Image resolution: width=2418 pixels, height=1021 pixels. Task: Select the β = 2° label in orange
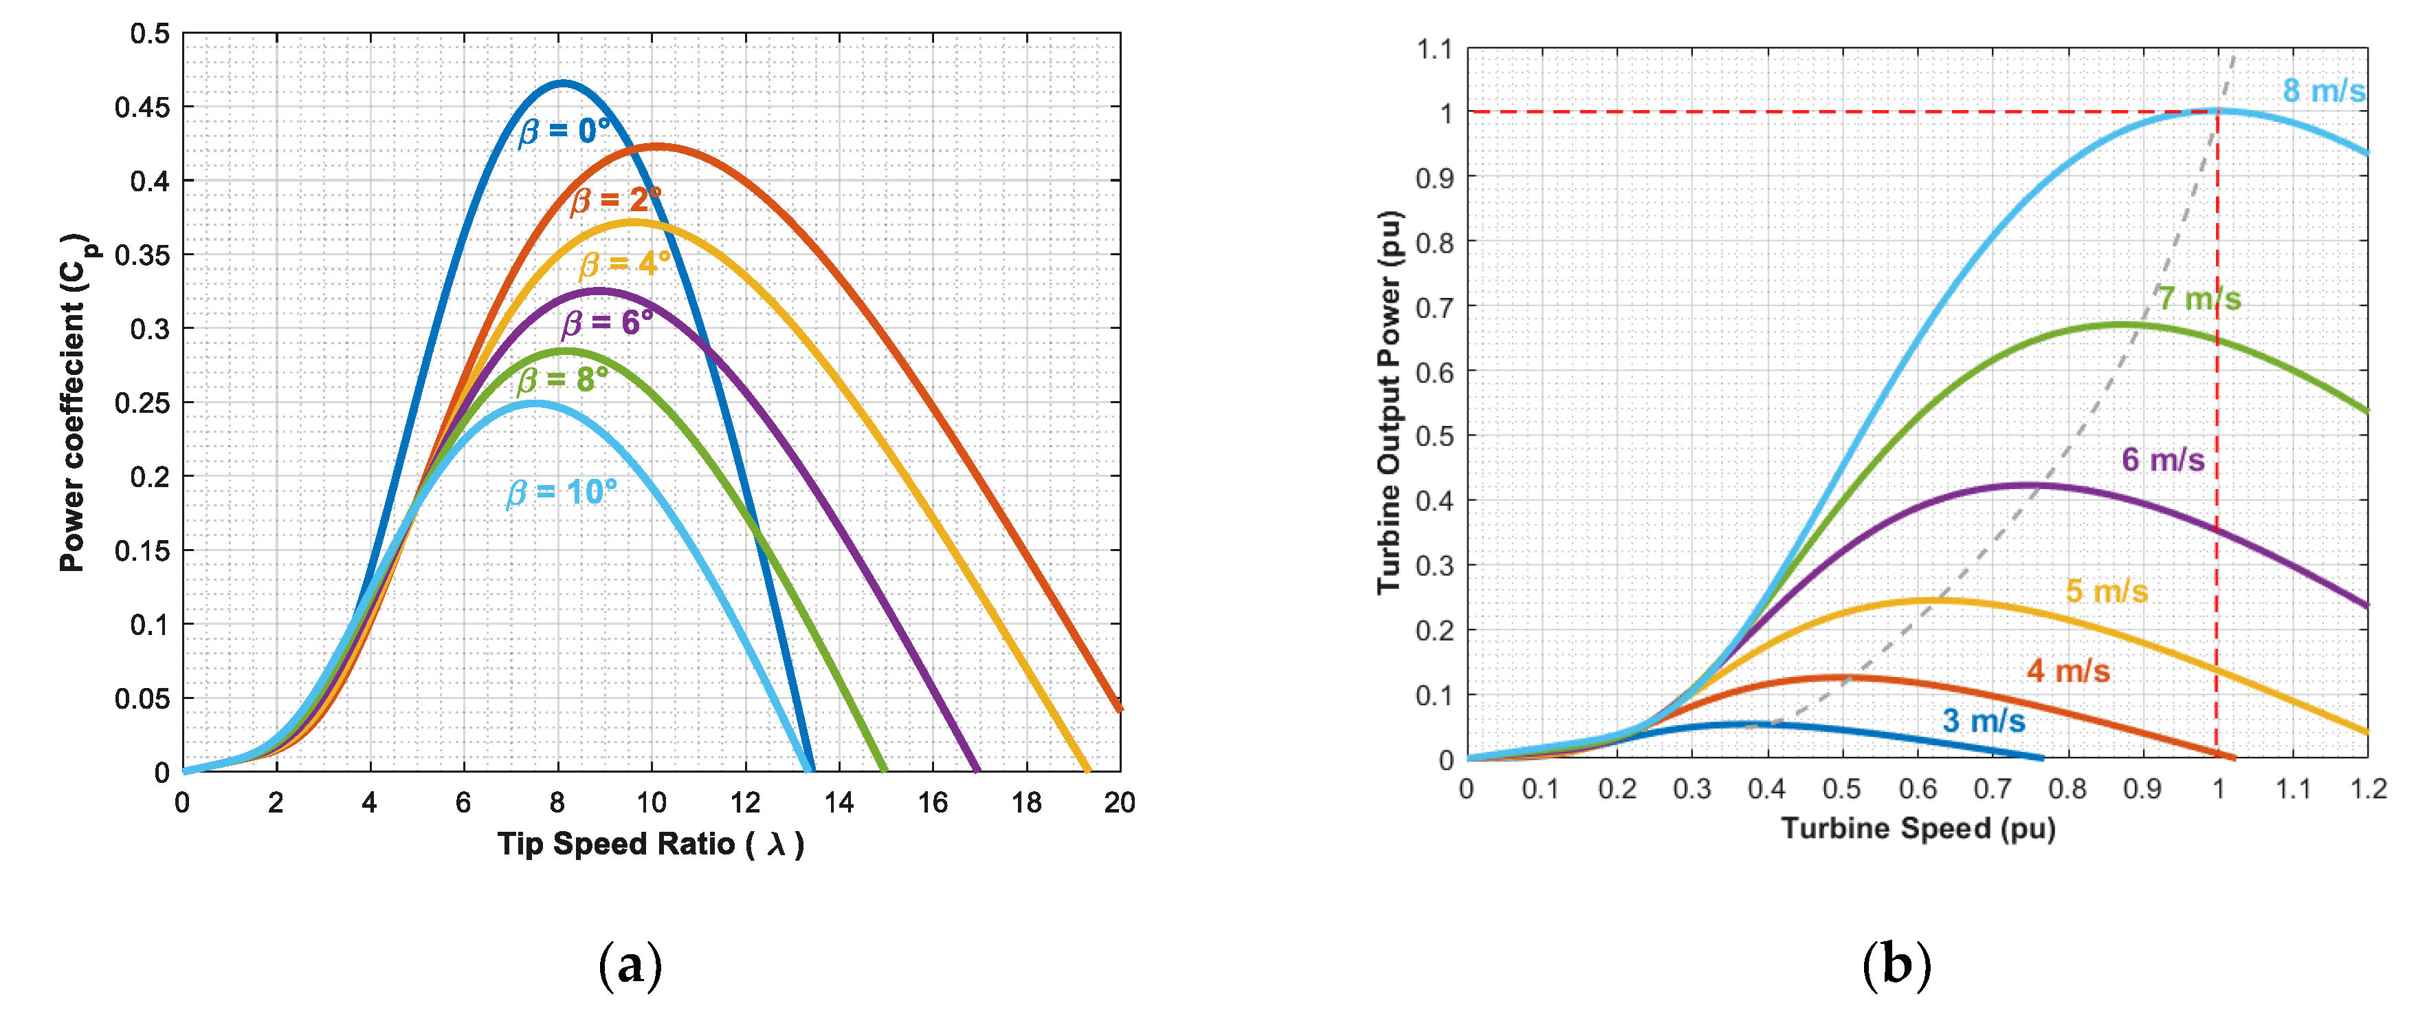coord(616,200)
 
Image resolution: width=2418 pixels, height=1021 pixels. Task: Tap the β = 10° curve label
coord(562,492)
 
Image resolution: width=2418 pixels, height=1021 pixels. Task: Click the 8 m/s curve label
coord(2323,91)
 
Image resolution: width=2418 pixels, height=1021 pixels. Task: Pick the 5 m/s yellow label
coord(2107,592)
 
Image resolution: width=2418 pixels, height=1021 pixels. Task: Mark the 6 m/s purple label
coord(2163,460)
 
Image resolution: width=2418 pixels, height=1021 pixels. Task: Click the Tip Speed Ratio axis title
coord(650,844)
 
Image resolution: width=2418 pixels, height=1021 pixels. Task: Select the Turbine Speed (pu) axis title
coord(1918,828)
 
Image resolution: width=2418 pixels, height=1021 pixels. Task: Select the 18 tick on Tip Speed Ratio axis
coord(1026,803)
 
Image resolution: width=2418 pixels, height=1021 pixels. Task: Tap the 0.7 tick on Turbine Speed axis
coord(1992,789)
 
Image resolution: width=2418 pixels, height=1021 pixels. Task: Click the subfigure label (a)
coord(630,965)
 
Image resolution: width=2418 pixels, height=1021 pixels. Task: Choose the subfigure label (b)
coord(1896,965)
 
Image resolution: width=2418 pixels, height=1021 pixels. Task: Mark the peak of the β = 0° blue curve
coord(562,83)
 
